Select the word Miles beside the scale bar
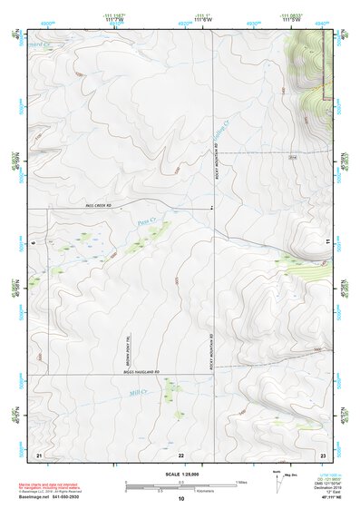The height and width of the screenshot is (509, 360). (x=241, y=482)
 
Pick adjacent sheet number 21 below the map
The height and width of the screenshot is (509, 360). (x=39, y=453)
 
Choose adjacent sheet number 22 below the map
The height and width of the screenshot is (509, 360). (x=180, y=453)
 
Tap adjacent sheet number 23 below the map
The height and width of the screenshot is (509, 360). (x=322, y=453)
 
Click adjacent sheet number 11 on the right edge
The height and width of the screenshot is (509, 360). (x=326, y=240)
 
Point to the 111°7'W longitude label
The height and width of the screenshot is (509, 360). (x=113, y=20)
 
